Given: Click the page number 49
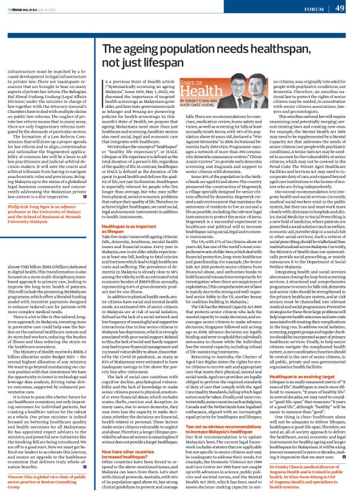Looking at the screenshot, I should [340, 9].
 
